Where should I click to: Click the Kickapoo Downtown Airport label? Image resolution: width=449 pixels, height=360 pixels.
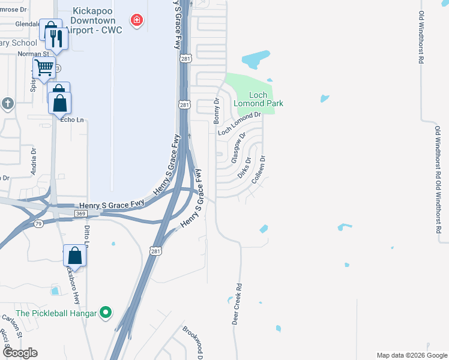coord(96,20)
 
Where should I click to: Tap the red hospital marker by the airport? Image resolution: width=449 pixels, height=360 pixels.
coord(138,21)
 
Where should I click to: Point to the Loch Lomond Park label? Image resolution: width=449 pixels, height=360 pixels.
coord(258,99)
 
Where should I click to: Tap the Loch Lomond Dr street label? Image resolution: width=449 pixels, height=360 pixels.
coord(240,124)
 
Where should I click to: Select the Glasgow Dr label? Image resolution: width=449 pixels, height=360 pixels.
coord(238,146)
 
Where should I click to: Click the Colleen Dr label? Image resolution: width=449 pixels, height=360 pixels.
coord(259,170)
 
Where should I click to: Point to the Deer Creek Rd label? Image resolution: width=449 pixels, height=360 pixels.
coord(238,304)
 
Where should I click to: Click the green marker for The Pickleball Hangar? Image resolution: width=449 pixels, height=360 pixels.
coord(106,312)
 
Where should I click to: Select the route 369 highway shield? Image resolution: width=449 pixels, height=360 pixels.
coord(80,213)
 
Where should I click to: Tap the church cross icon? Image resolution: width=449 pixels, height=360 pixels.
coord(7,103)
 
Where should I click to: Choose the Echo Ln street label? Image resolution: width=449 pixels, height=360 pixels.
coord(72,120)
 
